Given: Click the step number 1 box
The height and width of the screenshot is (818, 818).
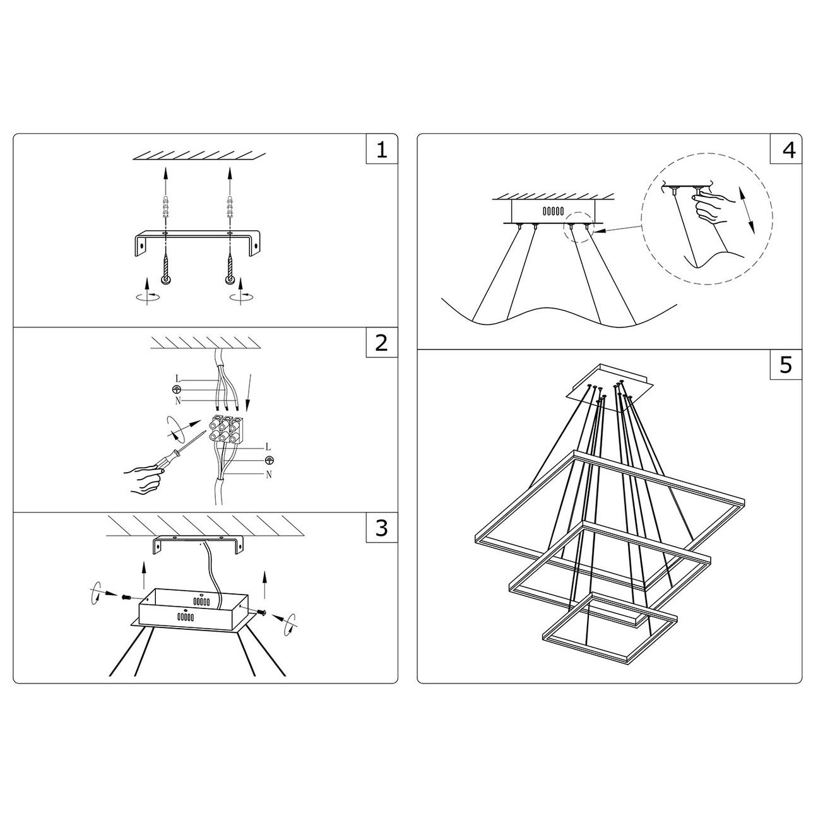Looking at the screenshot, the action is click(x=382, y=149).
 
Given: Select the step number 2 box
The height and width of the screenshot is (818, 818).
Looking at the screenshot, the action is click(x=382, y=342).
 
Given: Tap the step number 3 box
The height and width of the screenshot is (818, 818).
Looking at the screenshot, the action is click(x=382, y=527).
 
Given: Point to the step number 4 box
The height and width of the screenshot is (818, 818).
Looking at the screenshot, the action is click(x=786, y=149).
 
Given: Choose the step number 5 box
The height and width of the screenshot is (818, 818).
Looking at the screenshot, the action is click(x=786, y=364).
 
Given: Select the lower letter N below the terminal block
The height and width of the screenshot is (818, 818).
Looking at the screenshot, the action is click(x=268, y=475).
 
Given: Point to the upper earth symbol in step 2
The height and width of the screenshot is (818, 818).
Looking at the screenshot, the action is click(x=177, y=389).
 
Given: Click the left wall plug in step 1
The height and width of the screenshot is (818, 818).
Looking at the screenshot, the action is click(x=166, y=207).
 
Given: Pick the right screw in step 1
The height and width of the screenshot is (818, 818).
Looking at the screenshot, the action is click(x=230, y=268).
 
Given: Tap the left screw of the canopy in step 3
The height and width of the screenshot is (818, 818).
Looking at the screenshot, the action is click(x=126, y=597).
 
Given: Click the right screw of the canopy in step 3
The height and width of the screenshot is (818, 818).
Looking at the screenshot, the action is click(x=261, y=612).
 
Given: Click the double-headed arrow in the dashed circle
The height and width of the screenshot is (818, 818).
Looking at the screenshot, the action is click(x=747, y=210).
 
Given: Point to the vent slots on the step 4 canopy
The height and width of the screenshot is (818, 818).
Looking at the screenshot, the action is click(x=554, y=211).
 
